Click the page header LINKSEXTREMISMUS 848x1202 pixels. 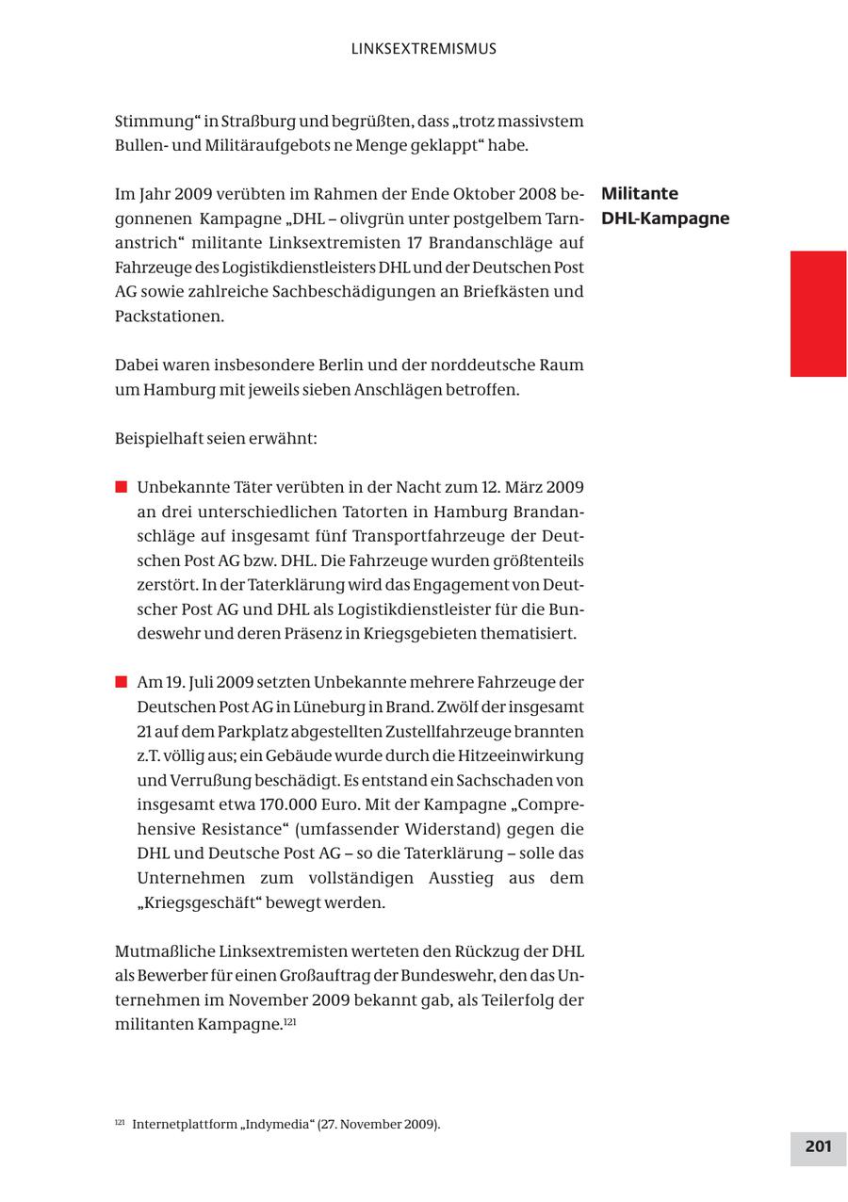click(423, 49)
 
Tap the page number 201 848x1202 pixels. click(818, 1146)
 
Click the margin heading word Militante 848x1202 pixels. click(640, 194)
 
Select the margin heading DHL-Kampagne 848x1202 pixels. click(665, 219)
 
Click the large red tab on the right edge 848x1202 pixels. click(818, 314)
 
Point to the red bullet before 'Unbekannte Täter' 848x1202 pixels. click(121, 487)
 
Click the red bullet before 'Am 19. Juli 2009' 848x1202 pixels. click(121, 682)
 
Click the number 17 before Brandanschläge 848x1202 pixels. click(413, 243)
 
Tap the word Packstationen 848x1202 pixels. click(170, 317)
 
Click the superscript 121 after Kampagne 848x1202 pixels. click(290, 1020)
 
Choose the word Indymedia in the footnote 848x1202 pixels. click(273, 1124)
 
